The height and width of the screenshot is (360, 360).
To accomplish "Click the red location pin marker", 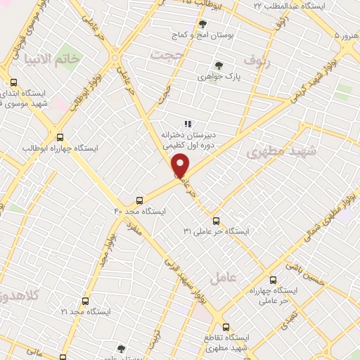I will point(181,165).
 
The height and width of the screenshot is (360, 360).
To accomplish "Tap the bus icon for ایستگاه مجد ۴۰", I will point(140,200).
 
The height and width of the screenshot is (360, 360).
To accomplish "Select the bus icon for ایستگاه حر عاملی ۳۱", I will point(216,220).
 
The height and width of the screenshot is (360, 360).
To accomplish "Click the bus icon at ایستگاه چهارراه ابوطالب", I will point(59,138).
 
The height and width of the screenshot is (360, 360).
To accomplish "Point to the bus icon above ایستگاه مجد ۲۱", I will point(85,300).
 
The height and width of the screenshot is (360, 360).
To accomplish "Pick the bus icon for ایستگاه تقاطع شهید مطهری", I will point(226,326).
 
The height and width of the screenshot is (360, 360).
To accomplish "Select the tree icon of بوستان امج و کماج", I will point(203,24).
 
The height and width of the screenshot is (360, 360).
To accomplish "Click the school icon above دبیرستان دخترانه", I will point(187,124).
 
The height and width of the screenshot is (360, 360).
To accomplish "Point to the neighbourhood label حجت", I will point(171,54).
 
